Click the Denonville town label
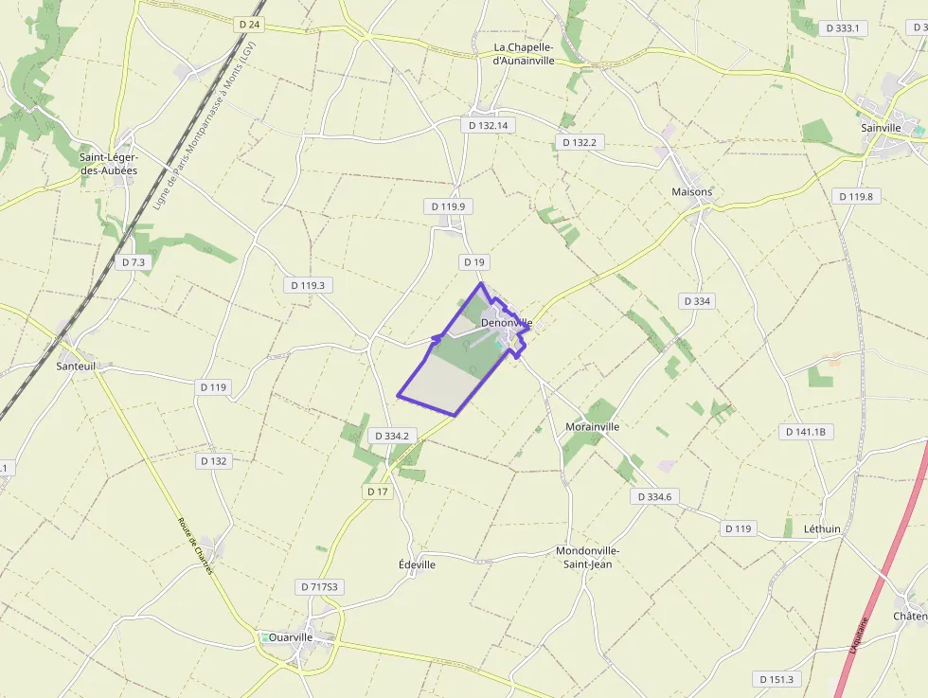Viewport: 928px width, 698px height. [x=507, y=323]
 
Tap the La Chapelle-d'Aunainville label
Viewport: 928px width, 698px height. [x=529, y=54]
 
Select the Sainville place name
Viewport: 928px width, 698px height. [x=882, y=127]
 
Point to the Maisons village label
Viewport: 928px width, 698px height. [x=692, y=192]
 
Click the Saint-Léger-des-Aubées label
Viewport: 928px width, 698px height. [x=108, y=164]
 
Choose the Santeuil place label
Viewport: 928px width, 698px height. [x=77, y=365]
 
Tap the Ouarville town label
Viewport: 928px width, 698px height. [x=291, y=637]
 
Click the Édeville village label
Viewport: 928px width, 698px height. [x=418, y=564]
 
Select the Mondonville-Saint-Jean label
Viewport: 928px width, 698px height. [x=588, y=558]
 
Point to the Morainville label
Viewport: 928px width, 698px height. [x=592, y=427]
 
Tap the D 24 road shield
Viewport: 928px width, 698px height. [x=250, y=25]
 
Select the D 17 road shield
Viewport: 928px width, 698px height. [x=378, y=492]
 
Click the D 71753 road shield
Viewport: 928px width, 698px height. [x=319, y=587]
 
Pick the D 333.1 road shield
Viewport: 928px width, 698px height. [x=842, y=28]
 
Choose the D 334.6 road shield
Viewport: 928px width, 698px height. [x=654, y=496]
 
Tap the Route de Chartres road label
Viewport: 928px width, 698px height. [x=196, y=546]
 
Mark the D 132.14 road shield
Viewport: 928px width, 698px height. [x=489, y=125]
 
